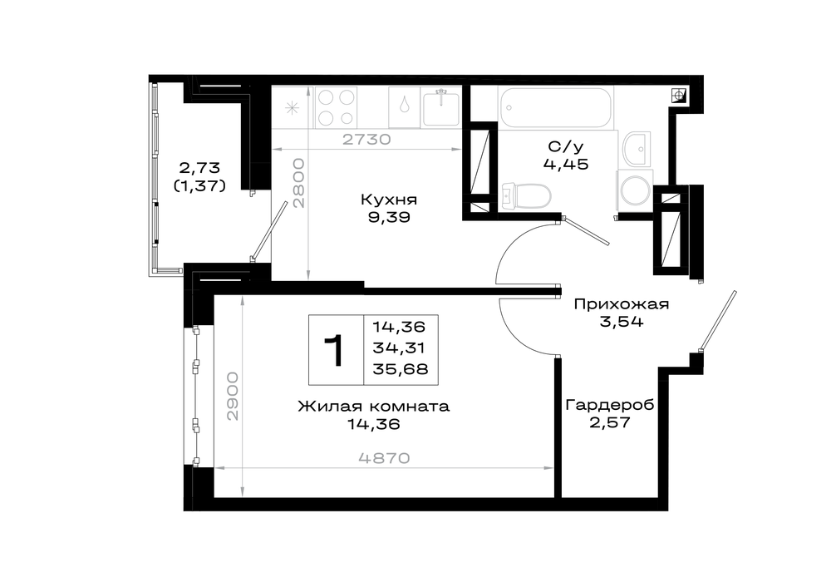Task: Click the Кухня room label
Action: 388,200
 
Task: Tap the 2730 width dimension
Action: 366,140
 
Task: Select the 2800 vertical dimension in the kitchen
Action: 299,183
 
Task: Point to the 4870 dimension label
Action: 384,458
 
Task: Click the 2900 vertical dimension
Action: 233,397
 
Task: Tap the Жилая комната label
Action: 374,407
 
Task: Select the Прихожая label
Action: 622,304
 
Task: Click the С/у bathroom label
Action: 565,146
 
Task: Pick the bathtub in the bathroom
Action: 556,107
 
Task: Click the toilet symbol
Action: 526,195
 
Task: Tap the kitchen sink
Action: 441,107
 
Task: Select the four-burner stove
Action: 336,107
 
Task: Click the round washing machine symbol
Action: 635,190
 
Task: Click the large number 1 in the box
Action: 335,350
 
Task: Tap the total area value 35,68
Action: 401,369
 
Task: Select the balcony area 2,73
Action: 199,168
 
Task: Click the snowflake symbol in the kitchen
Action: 292,108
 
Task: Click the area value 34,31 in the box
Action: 399,348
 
